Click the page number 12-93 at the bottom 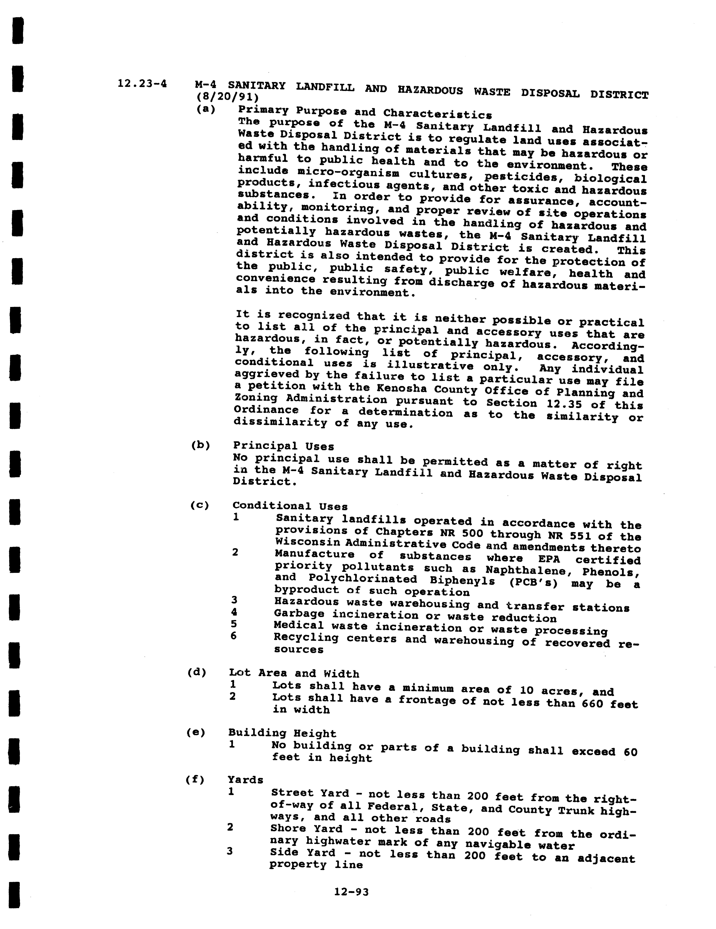351,892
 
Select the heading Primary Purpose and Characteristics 365,112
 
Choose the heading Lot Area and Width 294,673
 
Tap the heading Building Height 282,733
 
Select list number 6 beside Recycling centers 234,636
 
